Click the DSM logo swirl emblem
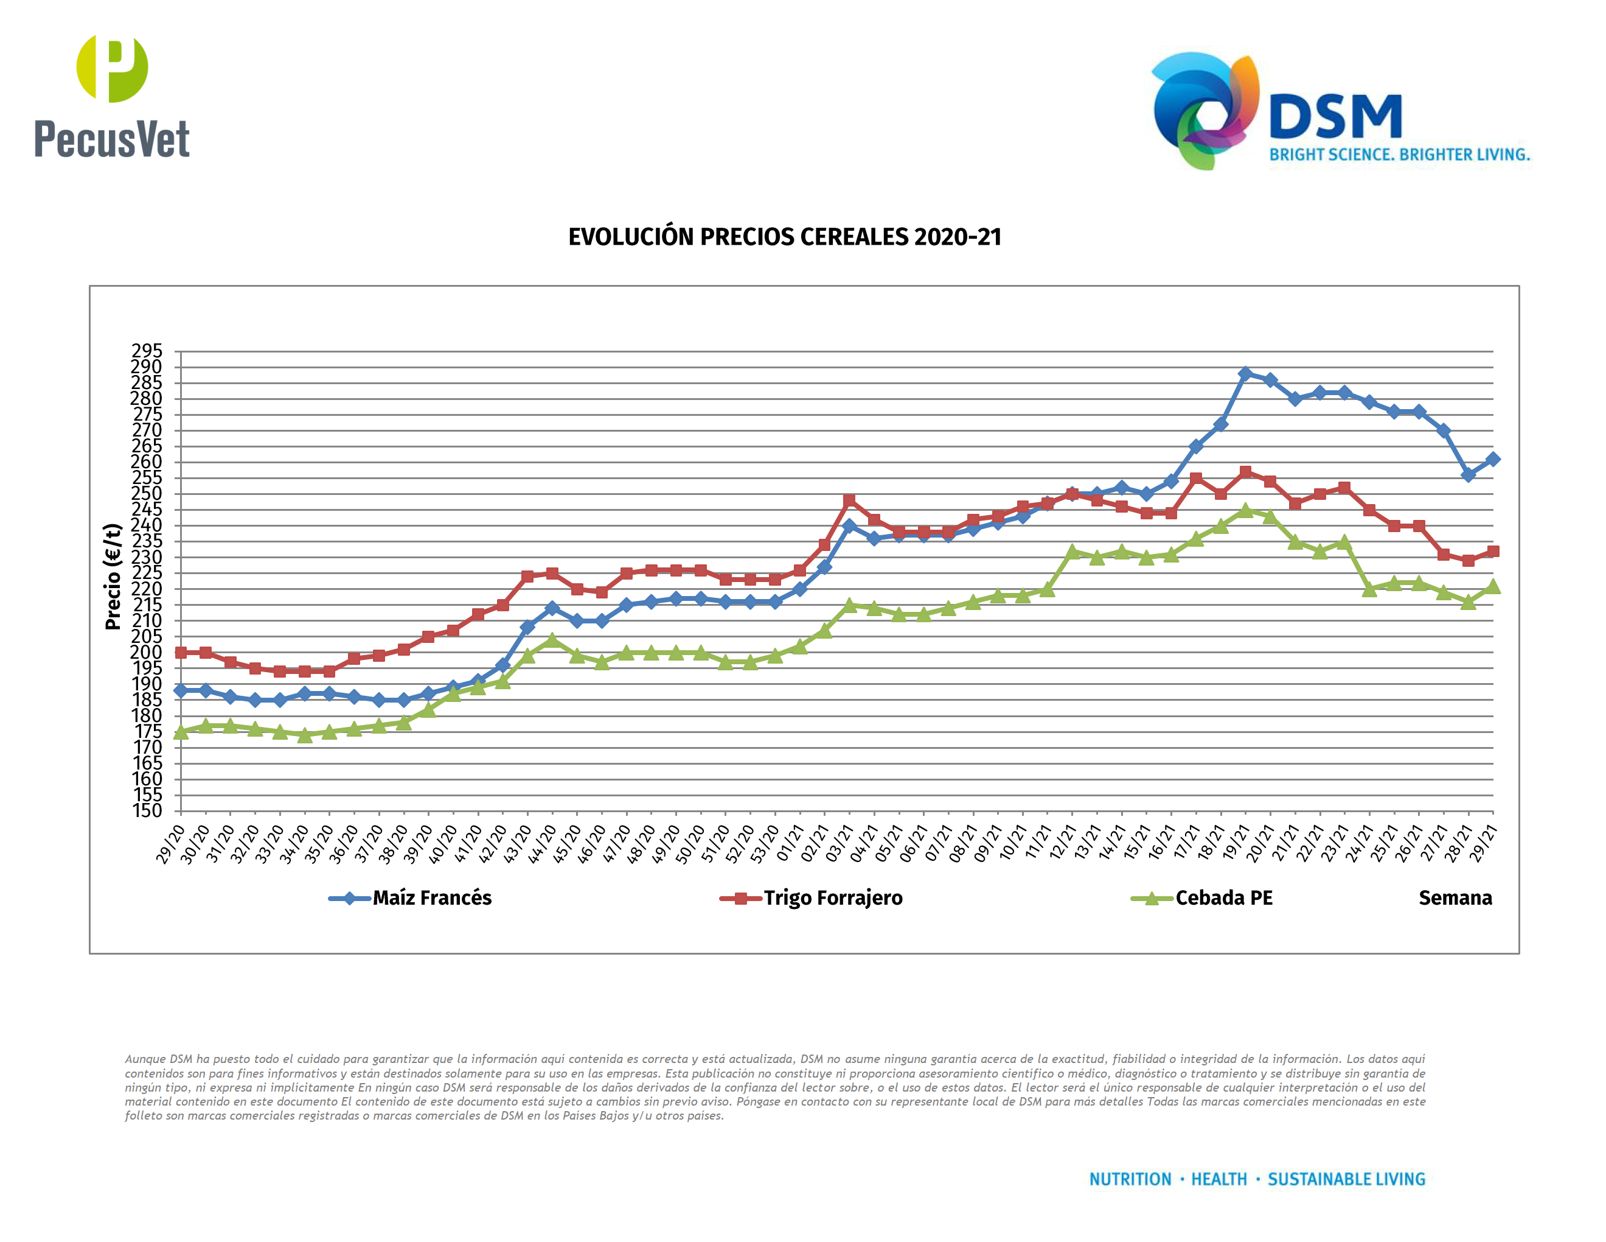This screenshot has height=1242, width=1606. click(1204, 110)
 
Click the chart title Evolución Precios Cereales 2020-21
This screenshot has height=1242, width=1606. click(785, 237)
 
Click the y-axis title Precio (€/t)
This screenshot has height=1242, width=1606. click(113, 577)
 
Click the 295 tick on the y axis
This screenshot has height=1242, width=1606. click(147, 351)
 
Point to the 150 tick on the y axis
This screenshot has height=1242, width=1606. click(147, 811)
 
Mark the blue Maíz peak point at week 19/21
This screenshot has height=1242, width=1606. click(1245, 374)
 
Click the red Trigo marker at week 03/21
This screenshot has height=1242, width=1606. click(849, 500)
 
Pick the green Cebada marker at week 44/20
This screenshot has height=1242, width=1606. click(552, 640)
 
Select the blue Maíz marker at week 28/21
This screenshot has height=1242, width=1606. click(1468, 475)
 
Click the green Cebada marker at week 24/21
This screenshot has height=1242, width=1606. click(1369, 589)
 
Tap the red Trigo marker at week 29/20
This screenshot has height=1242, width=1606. click(181, 653)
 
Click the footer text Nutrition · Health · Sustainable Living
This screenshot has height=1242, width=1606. click(1257, 1179)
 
